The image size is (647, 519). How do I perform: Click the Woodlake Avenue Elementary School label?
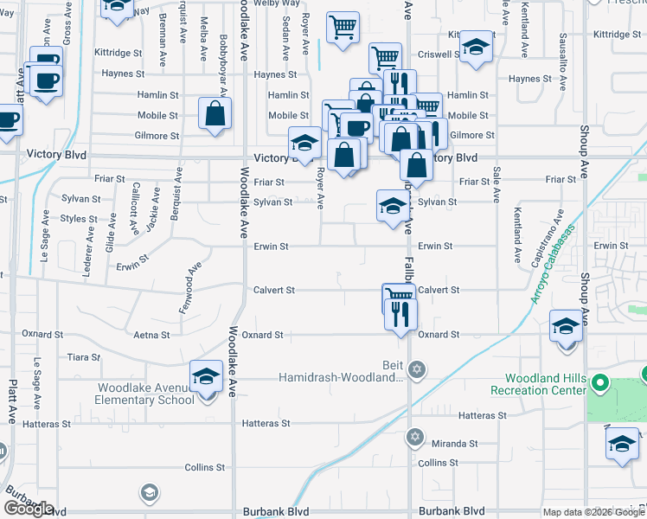[x=145, y=394]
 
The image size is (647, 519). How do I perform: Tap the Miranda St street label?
[x=455, y=443]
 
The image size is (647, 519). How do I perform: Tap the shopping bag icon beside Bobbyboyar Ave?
[x=215, y=114]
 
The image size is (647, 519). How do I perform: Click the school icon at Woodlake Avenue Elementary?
[x=206, y=378]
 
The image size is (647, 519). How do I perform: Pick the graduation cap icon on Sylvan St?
[x=392, y=207]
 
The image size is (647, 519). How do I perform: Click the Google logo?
[x=29, y=509]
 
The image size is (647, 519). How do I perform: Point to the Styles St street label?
[x=79, y=219]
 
